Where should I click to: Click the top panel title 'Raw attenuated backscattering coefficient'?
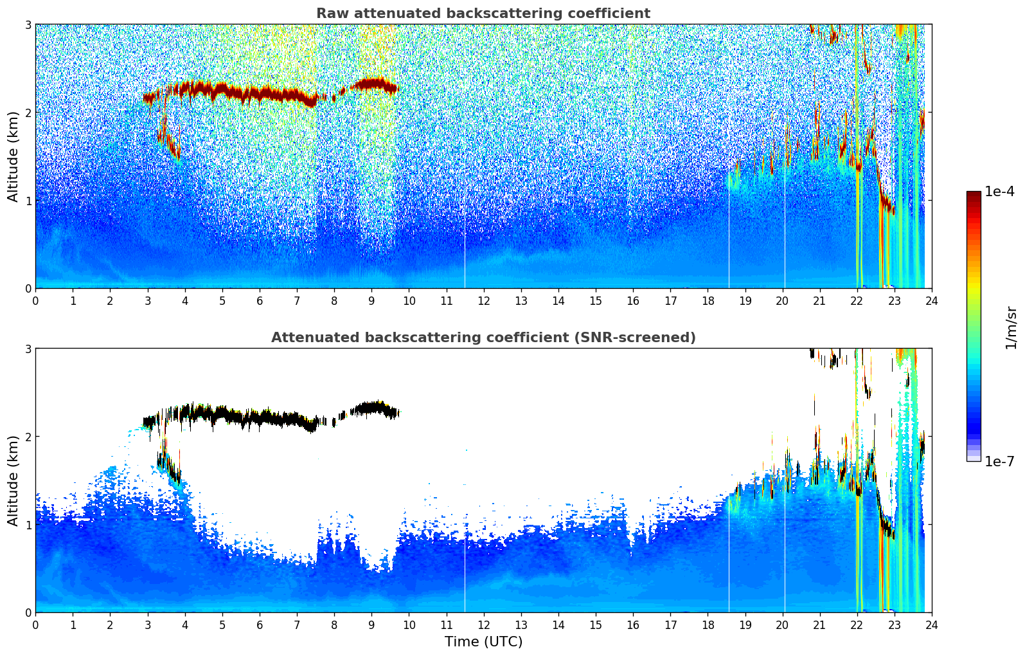pos(483,14)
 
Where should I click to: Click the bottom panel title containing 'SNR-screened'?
pos(483,338)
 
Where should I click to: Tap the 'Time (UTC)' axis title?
pos(483,642)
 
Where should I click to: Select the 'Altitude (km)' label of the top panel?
pos(13,156)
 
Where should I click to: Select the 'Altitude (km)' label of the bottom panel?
pos(13,480)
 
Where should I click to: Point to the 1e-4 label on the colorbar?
pos(999,192)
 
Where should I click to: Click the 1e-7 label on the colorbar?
pos(999,461)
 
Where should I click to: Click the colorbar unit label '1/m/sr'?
pos(1011,327)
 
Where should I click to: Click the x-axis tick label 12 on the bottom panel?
pos(484,625)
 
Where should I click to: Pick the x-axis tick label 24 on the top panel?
pos(932,301)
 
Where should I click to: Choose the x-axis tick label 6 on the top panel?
pos(260,301)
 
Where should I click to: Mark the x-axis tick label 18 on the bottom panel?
pos(708,625)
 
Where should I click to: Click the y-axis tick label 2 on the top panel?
pos(28,113)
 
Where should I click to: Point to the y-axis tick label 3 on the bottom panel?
pos(28,349)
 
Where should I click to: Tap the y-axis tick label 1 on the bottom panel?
pos(28,525)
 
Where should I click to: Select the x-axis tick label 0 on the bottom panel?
pos(35,625)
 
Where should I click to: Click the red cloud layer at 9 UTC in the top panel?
pos(371,84)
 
